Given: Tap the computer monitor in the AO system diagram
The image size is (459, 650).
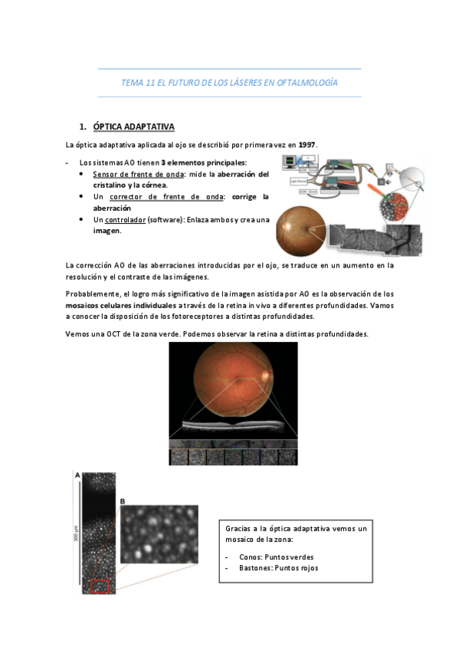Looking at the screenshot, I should tap(296, 162).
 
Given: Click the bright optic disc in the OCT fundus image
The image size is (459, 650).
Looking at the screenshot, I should tap(266, 375).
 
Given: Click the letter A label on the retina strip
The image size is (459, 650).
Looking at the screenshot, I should tap(77, 475).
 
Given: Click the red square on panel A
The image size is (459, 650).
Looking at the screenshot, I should tap(100, 586).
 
